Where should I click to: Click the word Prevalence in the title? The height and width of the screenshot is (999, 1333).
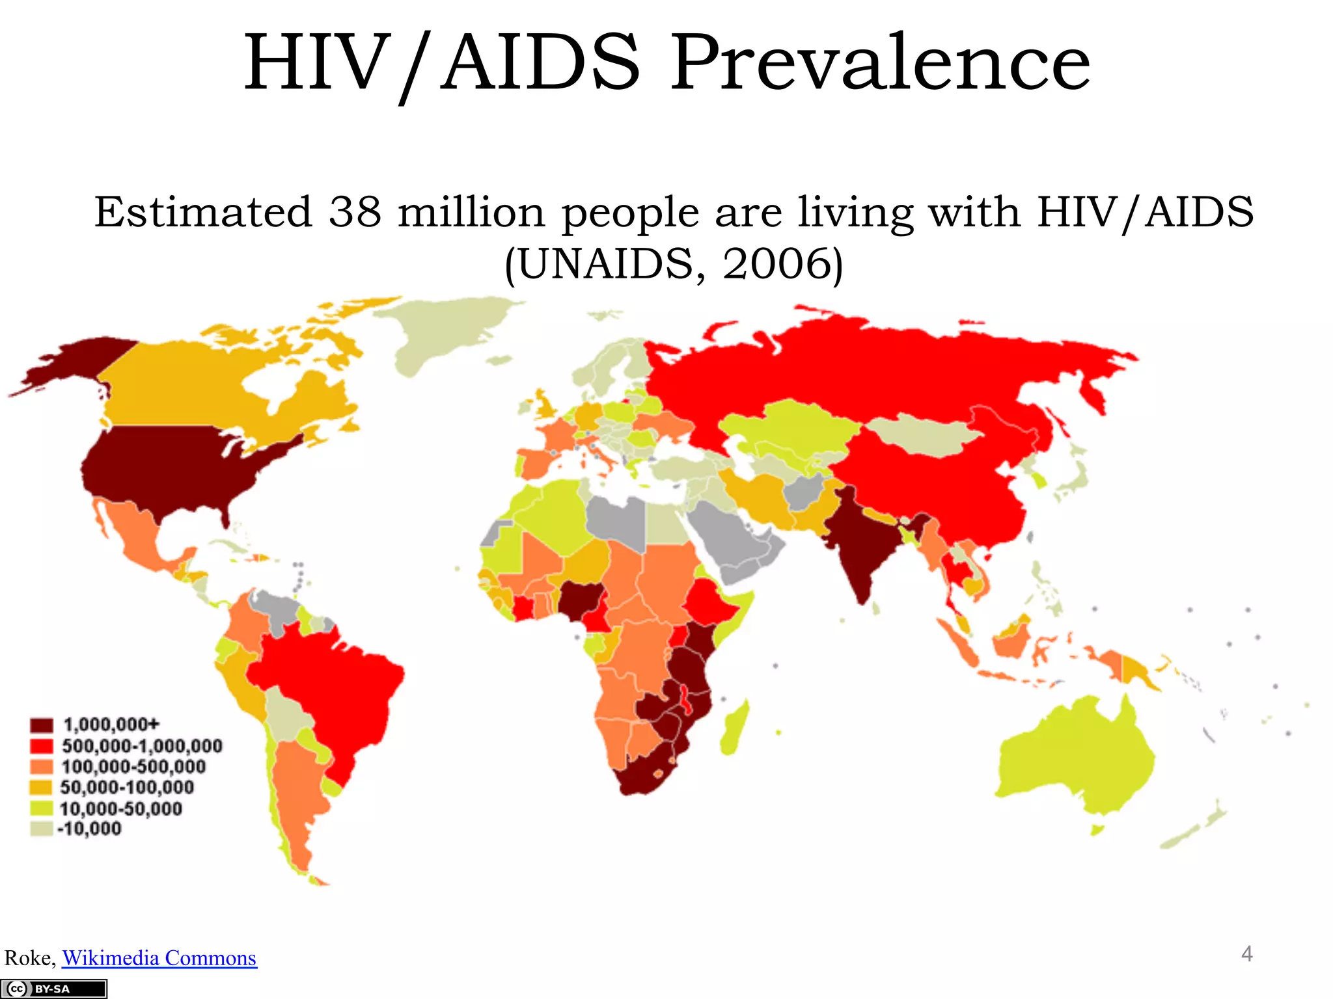[x=880, y=64]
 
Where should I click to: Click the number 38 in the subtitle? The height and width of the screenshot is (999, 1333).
[x=354, y=212]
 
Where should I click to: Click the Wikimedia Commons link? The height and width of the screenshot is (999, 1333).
[x=159, y=958]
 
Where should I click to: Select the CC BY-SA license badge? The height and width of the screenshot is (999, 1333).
[x=53, y=989]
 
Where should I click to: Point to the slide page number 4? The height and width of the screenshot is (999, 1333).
[x=1246, y=954]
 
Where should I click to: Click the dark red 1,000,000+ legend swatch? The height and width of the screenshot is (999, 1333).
[x=41, y=725]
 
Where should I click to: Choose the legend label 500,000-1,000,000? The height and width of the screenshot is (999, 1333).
[x=142, y=746]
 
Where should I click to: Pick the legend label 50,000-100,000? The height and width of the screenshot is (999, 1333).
[x=127, y=788]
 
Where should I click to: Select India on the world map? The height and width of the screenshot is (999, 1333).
[x=859, y=546]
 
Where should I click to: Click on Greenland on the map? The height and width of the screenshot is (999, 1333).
[x=443, y=332]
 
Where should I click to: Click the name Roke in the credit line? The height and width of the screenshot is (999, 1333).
[x=29, y=958]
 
